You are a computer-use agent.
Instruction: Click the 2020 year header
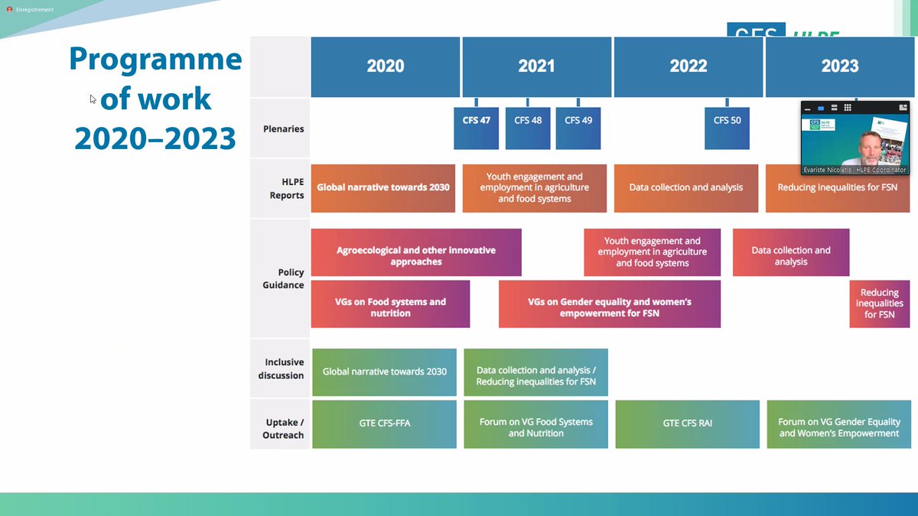(385, 67)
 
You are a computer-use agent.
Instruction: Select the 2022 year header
(688, 67)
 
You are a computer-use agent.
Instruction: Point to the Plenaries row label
(284, 128)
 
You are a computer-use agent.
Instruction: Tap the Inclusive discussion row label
(284, 368)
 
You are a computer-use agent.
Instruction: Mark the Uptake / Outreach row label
(283, 428)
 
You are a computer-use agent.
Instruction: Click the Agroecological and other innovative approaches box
(416, 255)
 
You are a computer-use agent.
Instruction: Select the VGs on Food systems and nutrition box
(390, 307)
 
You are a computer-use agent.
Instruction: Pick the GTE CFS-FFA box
(384, 423)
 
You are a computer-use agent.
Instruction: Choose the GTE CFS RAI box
(687, 423)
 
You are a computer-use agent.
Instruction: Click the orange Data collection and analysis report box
(685, 187)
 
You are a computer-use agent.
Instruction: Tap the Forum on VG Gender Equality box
(839, 427)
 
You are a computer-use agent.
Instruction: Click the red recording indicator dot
(9, 10)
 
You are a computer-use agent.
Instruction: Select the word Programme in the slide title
(155, 59)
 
